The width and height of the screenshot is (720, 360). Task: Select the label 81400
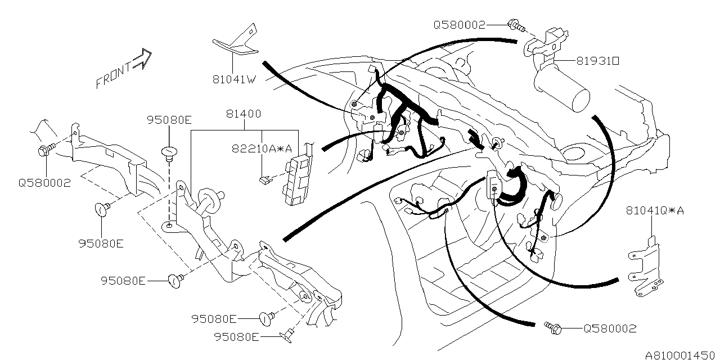243,114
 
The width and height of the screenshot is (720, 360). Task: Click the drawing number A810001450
681,355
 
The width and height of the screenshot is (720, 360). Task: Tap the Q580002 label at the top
459,25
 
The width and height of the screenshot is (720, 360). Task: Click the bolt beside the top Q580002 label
516,25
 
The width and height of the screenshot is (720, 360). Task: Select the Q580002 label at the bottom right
610,328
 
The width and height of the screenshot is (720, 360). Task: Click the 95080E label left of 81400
169,119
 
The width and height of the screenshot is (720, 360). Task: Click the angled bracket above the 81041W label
236,43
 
